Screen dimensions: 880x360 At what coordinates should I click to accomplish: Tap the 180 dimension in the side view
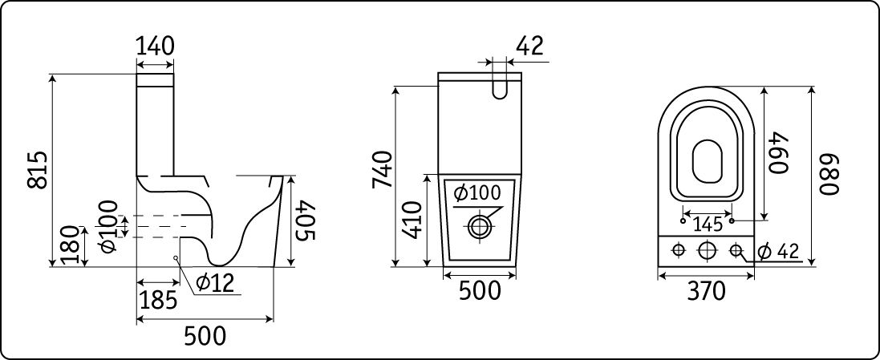click(71, 245)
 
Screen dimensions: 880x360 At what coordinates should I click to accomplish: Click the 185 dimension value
click(158, 301)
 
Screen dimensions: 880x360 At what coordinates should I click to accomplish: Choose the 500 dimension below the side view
click(205, 336)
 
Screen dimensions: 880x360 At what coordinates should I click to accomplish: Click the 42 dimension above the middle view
click(529, 46)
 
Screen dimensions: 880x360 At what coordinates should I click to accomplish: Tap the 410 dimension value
click(414, 220)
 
